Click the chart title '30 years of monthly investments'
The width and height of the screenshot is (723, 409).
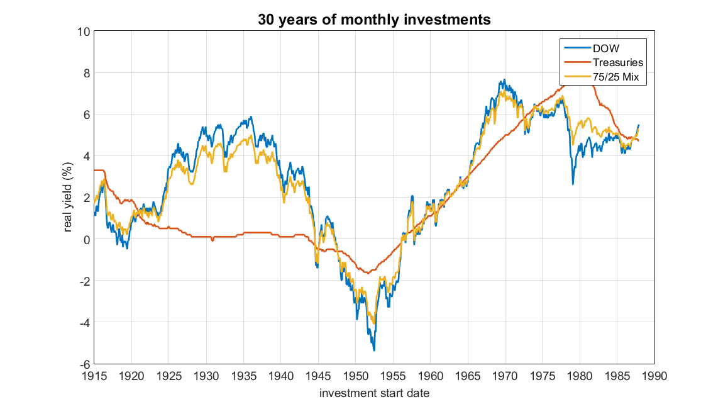[x=373, y=20]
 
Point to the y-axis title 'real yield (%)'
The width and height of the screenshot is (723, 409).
[x=69, y=197]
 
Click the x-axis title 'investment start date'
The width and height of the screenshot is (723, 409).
[x=374, y=394]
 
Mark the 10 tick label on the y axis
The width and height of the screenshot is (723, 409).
[x=83, y=31]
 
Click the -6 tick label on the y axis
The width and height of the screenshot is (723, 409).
[x=83, y=364]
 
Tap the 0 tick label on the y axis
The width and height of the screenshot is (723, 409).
[x=86, y=239]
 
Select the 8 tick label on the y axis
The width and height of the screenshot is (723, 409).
[x=86, y=72]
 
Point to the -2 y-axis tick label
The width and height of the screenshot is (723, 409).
[x=83, y=281]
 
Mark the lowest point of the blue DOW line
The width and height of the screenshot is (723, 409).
[x=374, y=350]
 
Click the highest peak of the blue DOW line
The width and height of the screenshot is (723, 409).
[x=504, y=80]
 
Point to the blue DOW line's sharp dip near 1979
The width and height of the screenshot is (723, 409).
[x=573, y=183]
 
